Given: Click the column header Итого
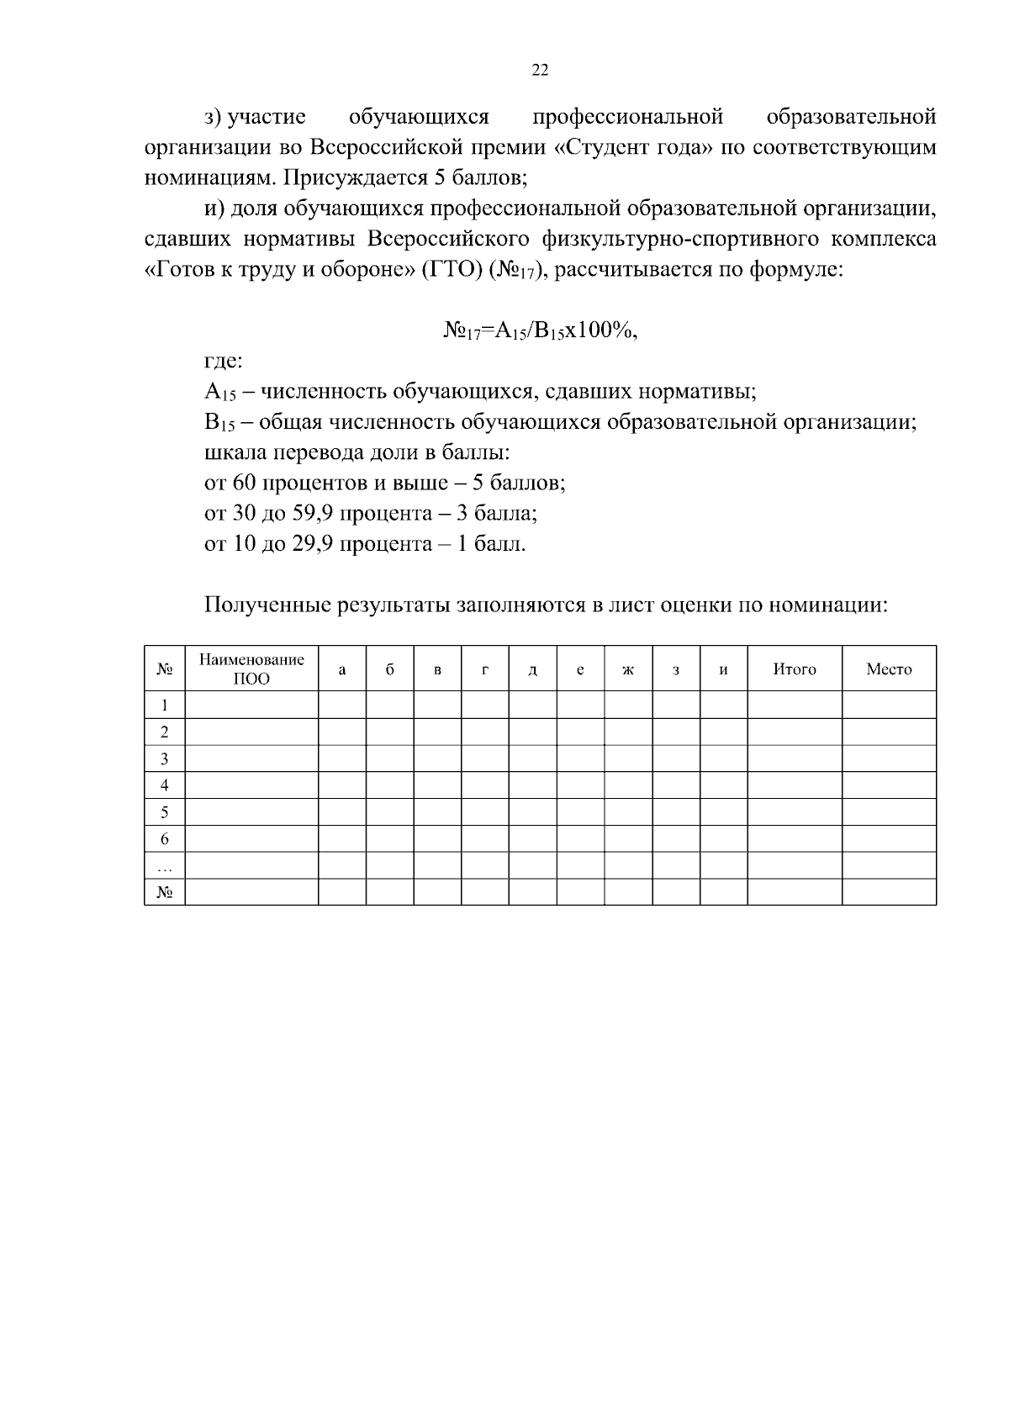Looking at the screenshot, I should (x=795, y=669).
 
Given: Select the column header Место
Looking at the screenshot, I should (x=889, y=669).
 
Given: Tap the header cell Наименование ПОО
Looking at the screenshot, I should (x=251, y=669).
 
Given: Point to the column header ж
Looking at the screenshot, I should (x=628, y=670).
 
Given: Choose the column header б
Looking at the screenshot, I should (x=389, y=670).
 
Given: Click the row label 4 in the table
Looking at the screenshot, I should (x=165, y=785).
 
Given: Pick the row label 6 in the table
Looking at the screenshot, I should (x=165, y=839).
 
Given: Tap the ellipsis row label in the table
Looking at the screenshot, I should (x=165, y=866).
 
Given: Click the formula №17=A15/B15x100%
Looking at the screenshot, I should (x=540, y=330).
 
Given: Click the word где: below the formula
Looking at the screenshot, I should (x=224, y=362).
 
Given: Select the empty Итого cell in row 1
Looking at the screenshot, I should (x=795, y=705).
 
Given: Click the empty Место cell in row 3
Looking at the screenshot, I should (x=889, y=758).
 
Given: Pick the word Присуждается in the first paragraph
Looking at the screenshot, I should (x=355, y=177).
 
